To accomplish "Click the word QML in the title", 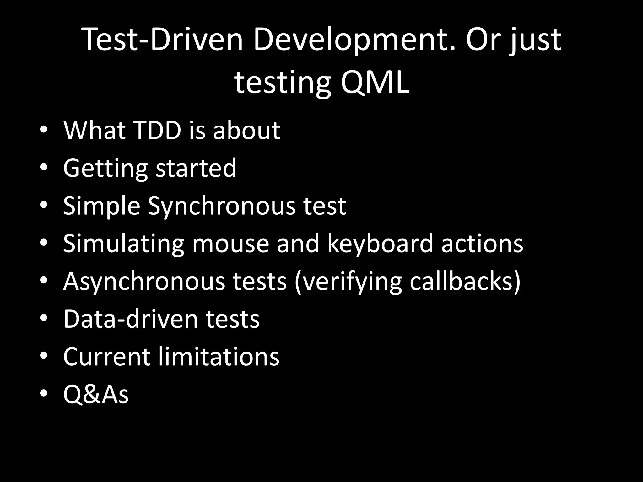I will (x=375, y=83).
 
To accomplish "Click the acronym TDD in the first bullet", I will (x=157, y=130).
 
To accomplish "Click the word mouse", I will (x=231, y=244).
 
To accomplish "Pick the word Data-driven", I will (x=130, y=319).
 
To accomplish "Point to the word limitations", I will (x=219, y=356).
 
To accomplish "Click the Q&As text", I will (x=96, y=394).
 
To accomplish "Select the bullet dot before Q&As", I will (x=44, y=393).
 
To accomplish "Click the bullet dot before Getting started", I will (x=44, y=167).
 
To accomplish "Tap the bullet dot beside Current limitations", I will (x=44, y=356).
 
